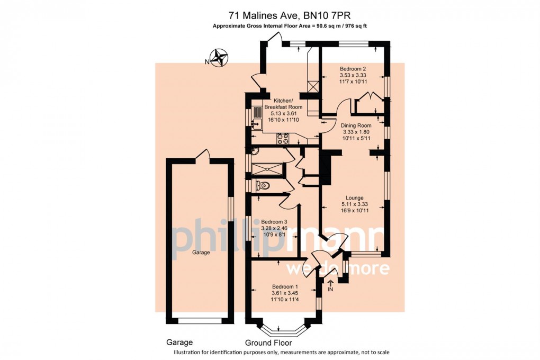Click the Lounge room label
[x=355, y=198]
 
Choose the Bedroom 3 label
[x=274, y=222]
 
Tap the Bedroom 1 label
[x=285, y=286]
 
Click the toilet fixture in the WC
[x=263, y=186]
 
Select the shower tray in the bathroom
[x=267, y=169]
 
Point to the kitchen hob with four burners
[x=283, y=138]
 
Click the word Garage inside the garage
[x=201, y=253]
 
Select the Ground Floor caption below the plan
[x=268, y=343]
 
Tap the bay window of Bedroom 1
[x=282, y=329]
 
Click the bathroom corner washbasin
[x=255, y=150]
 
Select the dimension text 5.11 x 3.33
[x=354, y=204]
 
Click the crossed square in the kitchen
[x=313, y=86]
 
